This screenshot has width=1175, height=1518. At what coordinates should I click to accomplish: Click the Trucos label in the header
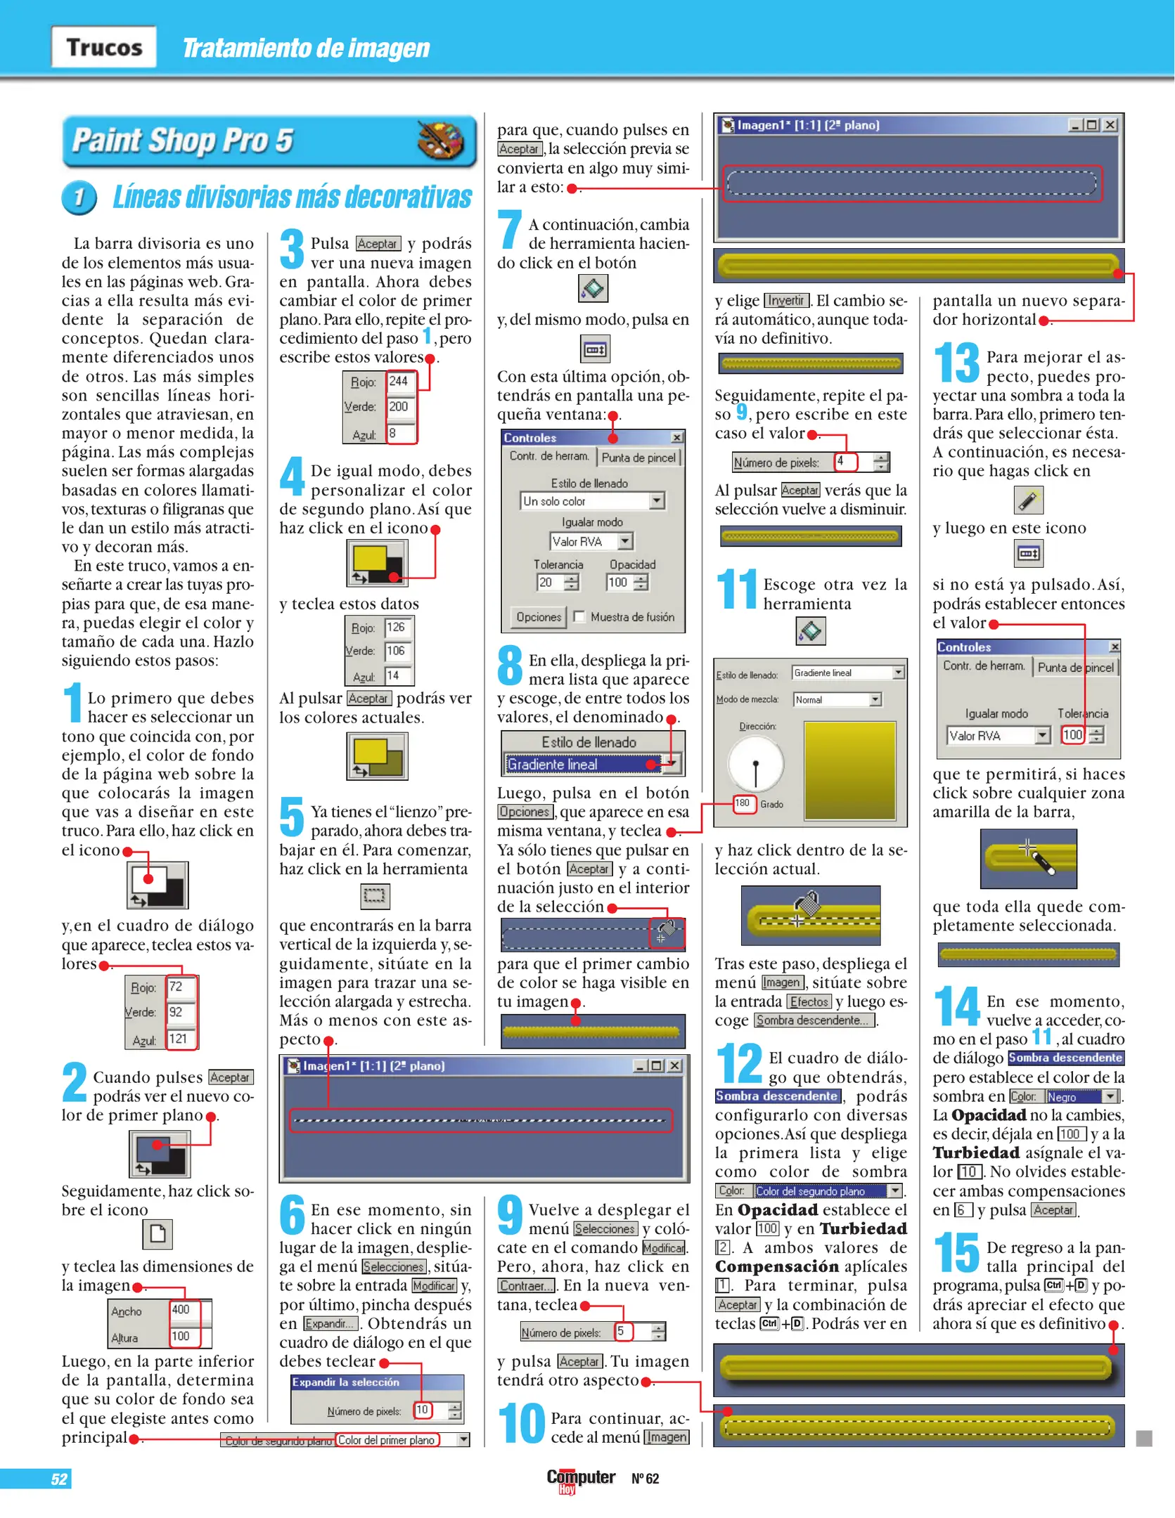(104, 47)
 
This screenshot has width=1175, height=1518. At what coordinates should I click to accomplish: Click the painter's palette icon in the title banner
(439, 140)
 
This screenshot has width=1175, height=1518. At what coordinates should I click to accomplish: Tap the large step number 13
(956, 363)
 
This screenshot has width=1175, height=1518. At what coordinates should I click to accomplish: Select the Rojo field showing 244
(399, 381)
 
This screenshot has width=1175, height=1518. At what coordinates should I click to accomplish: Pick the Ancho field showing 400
(182, 1309)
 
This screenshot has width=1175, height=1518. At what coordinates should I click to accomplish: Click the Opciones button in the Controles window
(539, 616)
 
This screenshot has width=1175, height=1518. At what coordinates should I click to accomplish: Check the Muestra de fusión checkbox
(579, 616)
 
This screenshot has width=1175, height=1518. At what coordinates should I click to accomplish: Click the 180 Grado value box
(743, 803)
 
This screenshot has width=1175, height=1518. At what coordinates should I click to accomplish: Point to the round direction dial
(755, 764)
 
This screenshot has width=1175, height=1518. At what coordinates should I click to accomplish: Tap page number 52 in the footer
(59, 1479)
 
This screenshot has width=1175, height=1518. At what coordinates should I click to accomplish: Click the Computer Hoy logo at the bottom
(580, 1479)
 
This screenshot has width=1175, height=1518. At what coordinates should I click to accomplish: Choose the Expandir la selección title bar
(377, 1382)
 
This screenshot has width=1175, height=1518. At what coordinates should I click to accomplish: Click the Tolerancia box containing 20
(548, 582)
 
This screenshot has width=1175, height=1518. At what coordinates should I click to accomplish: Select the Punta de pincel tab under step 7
(638, 458)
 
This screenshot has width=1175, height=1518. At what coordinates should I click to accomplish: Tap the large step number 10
(521, 1423)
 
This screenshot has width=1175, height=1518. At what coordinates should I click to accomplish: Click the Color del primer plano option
(387, 1440)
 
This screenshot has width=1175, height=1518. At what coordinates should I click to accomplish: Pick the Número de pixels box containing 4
(844, 462)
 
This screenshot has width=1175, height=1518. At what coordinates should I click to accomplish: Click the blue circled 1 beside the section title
(79, 197)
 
